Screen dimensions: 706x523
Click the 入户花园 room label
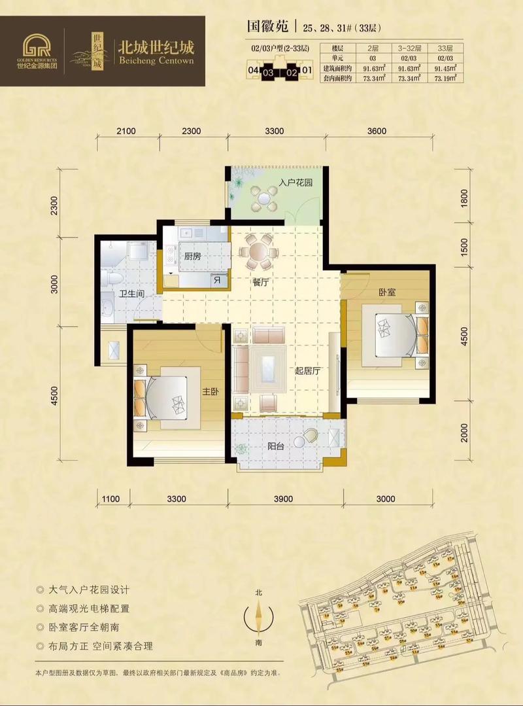tap(294, 183)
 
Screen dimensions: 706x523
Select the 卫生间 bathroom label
tap(130, 294)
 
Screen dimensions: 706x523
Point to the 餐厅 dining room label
tap(261, 283)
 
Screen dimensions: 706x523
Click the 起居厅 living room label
tap(307, 371)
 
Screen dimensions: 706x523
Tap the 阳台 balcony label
tap(276, 448)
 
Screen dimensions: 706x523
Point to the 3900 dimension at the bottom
tap(282, 499)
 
